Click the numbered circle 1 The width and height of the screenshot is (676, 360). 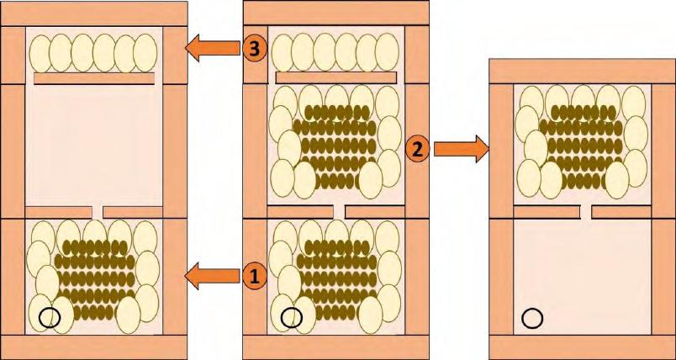pyautogui.click(x=255, y=277)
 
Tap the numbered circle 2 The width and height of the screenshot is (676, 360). pyautogui.click(x=418, y=149)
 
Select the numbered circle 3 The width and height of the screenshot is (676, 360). pyautogui.click(x=255, y=49)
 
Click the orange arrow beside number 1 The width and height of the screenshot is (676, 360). pyautogui.click(x=212, y=277)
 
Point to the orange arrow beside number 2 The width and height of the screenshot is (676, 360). pyautogui.click(x=462, y=149)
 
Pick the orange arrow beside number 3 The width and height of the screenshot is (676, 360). pyautogui.click(x=212, y=48)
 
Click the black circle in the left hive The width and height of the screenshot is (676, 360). pyautogui.click(x=50, y=317)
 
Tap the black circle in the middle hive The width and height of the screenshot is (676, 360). pyautogui.click(x=292, y=317)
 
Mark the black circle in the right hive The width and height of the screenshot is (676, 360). pyautogui.click(x=532, y=319)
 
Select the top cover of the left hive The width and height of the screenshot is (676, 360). pyautogui.click(x=94, y=13)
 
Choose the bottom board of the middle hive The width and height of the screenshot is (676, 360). pyautogui.click(x=335, y=347)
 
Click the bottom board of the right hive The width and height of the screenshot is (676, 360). pyautogui.click(x=583, y=347)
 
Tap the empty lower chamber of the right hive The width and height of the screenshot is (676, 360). pyautogui.click(x=583, y=277)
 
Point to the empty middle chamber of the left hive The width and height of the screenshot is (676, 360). pyautogui.click(x=94, y=146)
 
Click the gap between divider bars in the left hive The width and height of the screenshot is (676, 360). pyautogui.click(x=98, y=212)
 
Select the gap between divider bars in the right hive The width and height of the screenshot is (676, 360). pyautogui.click(x=586, y=212)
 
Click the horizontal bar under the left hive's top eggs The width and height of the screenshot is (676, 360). pyautogui.click(x=94, y=78)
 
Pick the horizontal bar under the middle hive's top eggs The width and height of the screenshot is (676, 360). pyautogui.click(x=335, y=77)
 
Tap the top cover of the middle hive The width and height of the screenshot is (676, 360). pyautogui.click(x=335, y=13)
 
